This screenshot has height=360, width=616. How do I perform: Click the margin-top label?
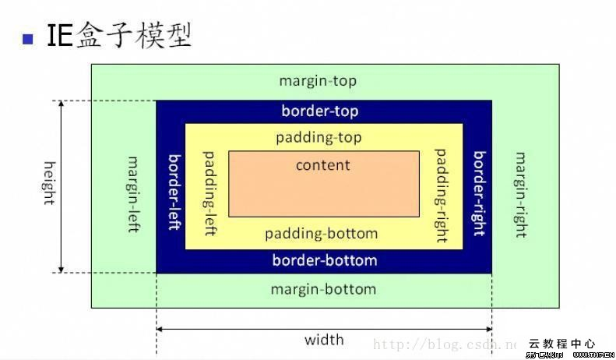pos(318,81)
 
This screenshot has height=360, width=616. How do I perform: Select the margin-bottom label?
pos(323,289)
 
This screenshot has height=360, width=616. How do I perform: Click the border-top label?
pos(320,111)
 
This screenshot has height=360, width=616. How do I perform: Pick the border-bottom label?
pos(325,260)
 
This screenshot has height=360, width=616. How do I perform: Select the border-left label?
pos(176,191)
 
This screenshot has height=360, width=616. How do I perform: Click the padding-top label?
pos(319,137)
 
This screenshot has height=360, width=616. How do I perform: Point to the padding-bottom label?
pos(321,234)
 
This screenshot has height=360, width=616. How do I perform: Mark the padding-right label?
pos(442,194)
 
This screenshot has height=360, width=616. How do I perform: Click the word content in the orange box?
pos(323,165)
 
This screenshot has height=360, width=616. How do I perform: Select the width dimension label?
pos(324,340)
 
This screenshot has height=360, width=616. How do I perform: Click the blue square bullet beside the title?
pos(28,38)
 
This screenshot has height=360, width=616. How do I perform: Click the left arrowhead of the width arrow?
pos(160,329)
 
